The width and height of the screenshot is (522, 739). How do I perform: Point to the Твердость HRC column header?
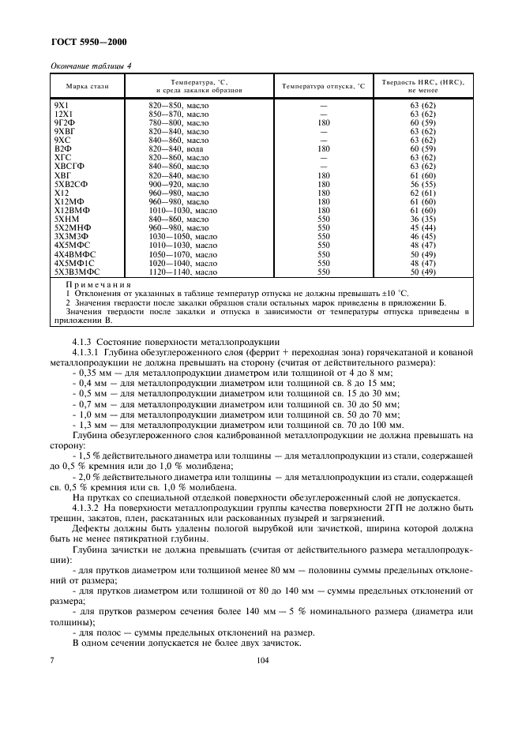[422, 86]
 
